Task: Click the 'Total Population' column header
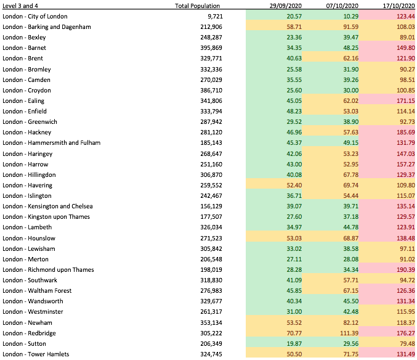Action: coord(197,6)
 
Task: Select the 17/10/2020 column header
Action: coord(399,6)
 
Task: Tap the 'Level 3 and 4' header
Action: coord(20,6)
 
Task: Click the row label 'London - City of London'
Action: coord(35,17)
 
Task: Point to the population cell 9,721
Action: coord(215,17)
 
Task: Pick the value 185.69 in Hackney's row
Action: coord(405,133)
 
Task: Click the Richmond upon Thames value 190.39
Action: coord(405,270)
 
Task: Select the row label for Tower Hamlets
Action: coord(36,354)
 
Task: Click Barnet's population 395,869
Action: coord(211,48)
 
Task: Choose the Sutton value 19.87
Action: coord(294,344)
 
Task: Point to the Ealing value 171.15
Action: coord(405,101)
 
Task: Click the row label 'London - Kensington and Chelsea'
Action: coord(47,207)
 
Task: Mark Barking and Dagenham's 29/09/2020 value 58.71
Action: coord(294,27)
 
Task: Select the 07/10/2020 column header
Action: coord(342,6)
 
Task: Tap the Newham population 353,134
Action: coord(211,323)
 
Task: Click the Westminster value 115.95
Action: coord(405,311)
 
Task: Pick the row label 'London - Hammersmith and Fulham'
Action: coord(52,143)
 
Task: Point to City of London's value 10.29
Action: coord(350,17)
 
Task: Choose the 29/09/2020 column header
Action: coord(286,6)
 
